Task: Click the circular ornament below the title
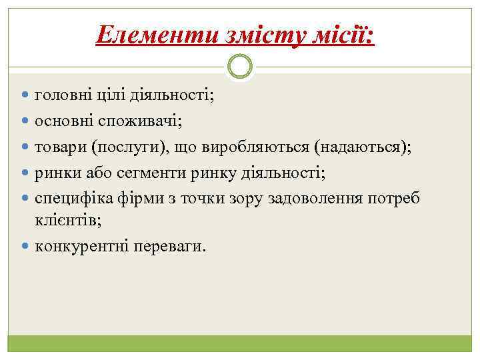pos(240,67)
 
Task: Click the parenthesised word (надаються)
pos(363,147)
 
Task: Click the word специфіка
pos(71,197)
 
